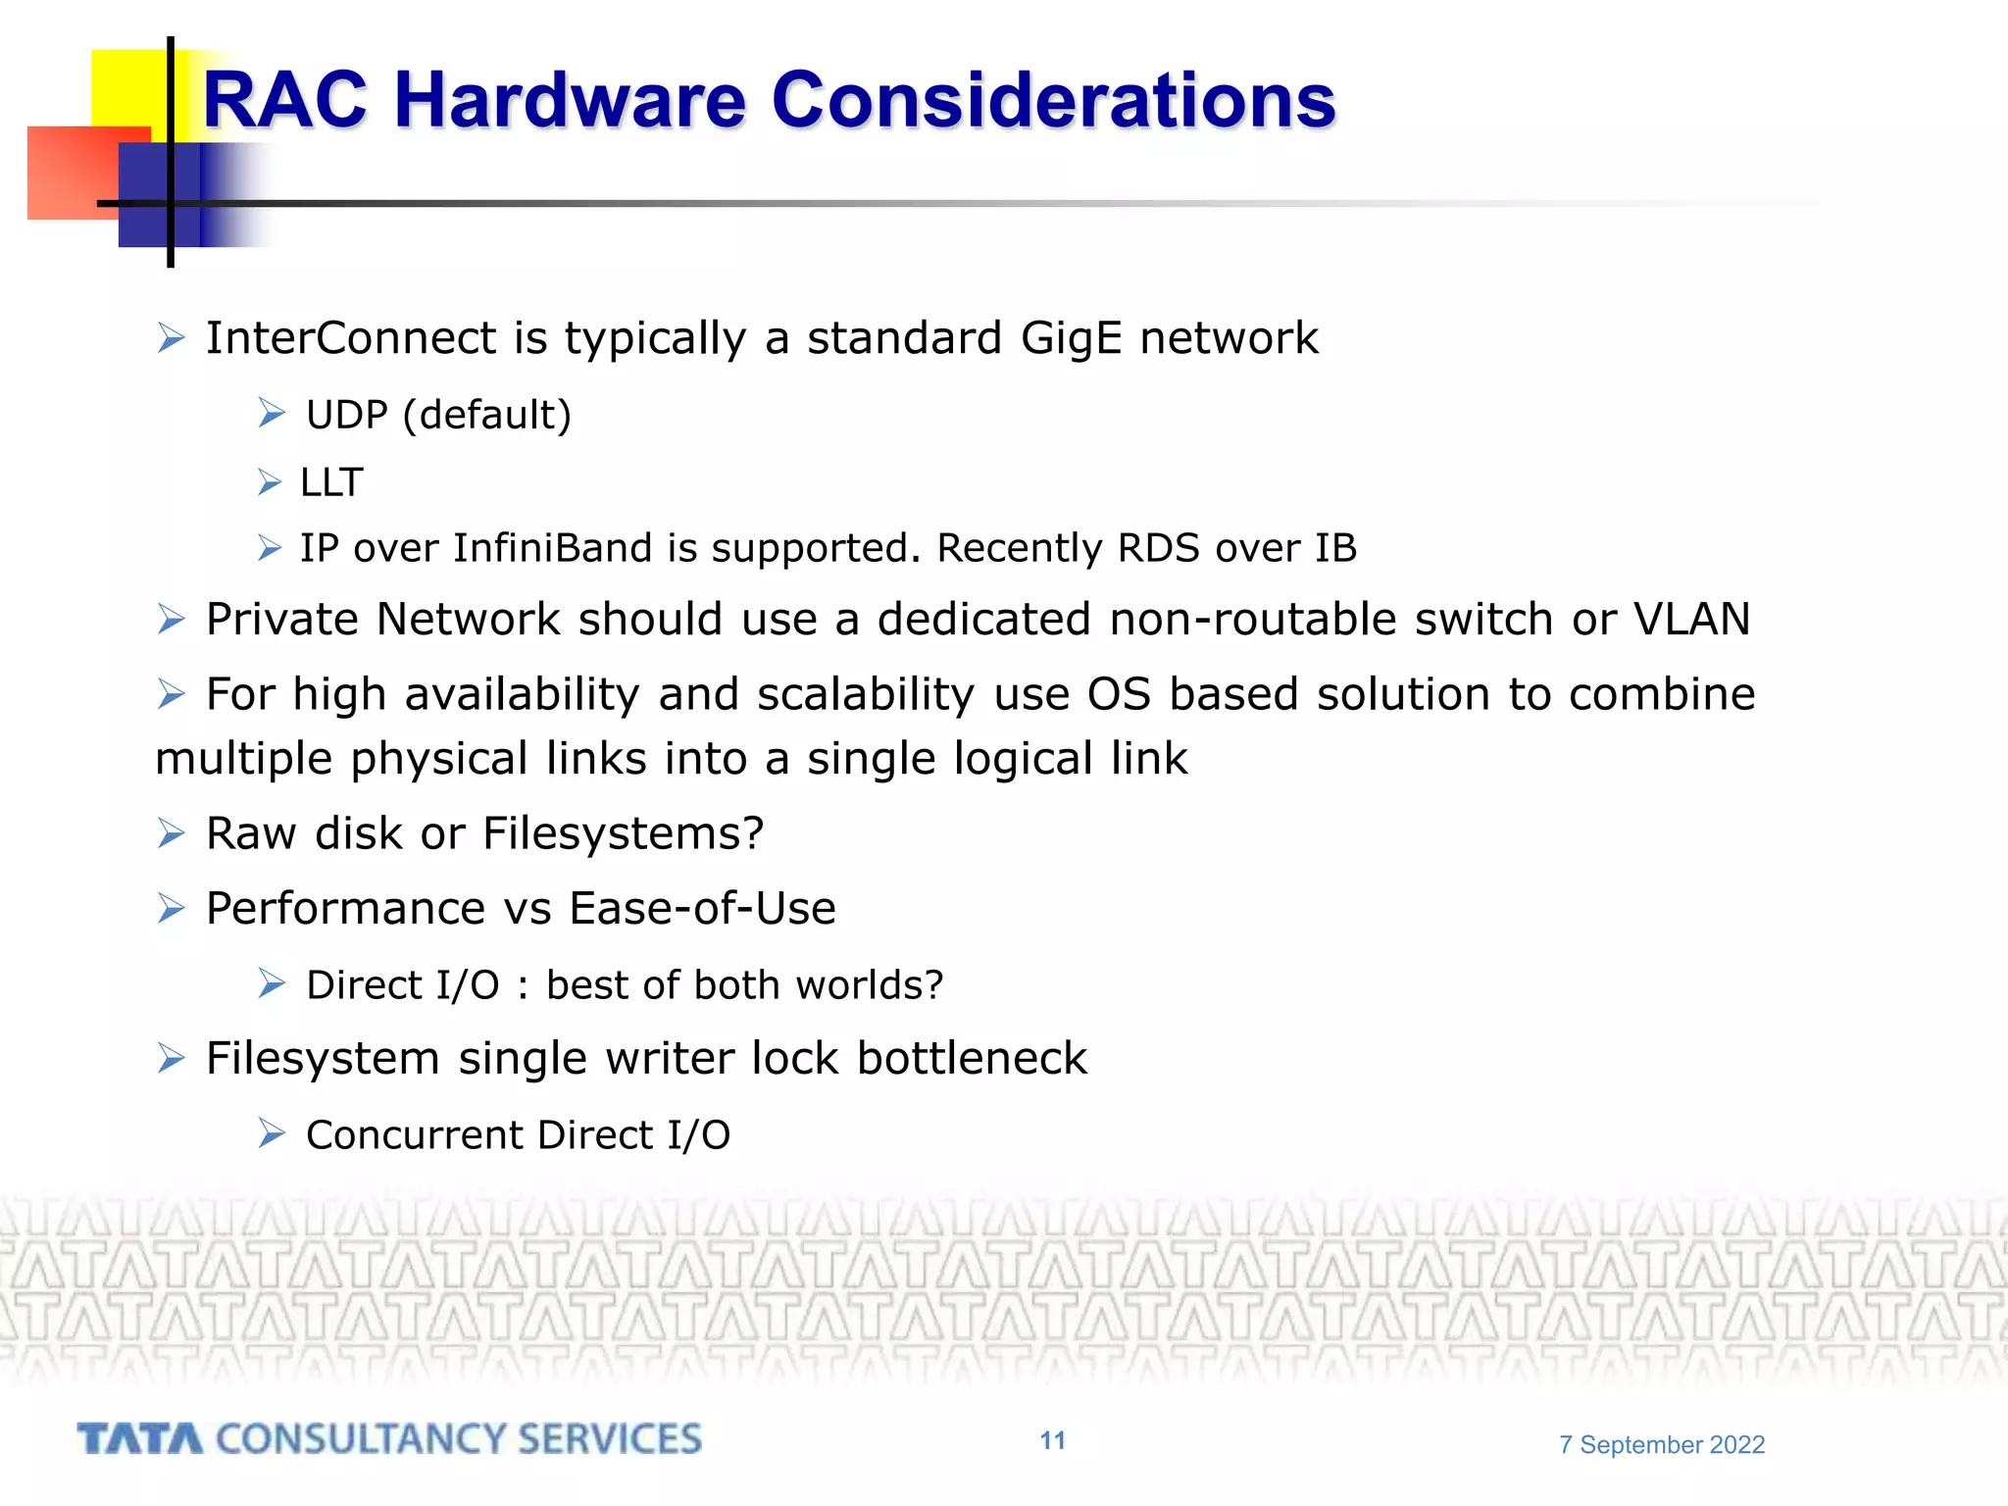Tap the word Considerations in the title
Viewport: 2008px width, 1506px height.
click(1053, 101)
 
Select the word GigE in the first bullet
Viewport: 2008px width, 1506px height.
click(1071, 339)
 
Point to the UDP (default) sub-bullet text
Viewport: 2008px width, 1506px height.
click(438, 416)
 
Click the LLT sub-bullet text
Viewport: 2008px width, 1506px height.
click(331, 483)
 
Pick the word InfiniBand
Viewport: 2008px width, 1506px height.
click(552, 548)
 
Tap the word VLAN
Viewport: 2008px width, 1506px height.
click(1691, 620)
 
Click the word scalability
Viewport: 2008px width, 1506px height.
click(866, 695)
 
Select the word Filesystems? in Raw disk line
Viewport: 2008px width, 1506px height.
click(623, 834)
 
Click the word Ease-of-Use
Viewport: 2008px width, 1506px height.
click(702, 909)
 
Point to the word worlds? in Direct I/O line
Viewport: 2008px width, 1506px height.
click(869, 985)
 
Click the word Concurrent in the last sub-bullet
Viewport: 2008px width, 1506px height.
click(415, 1135)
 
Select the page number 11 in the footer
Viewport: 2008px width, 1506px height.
click(1052, 1440)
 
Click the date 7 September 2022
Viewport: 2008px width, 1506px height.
click(1662, 1444)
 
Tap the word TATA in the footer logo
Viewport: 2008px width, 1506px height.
click(140, 1439)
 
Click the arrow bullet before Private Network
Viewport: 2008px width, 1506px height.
click(172, 620)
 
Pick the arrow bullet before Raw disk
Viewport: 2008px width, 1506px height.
click(172, 834)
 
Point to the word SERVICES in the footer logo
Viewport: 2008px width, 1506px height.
click(609, 1439)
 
